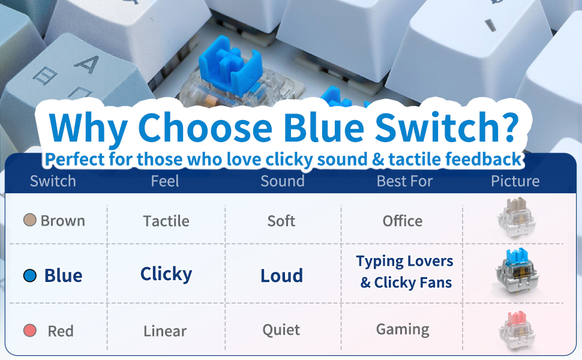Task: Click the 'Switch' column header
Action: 53,181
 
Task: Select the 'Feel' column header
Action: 165,181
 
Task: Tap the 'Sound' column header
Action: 283,181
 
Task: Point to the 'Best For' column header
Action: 404,181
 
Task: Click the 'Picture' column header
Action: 515,181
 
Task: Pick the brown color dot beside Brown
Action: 29,220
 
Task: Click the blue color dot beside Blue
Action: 29,275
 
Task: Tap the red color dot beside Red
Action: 29,330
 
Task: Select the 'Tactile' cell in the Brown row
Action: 166,221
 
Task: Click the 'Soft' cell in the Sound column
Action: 281,221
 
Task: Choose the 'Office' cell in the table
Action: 403,221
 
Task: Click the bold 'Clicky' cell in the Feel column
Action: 166,275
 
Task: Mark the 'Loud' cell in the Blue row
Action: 282,275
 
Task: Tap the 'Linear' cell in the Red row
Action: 165,331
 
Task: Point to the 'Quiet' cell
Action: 281,329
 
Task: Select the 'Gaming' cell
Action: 403,329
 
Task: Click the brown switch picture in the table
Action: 517,218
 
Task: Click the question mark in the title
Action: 506,126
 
